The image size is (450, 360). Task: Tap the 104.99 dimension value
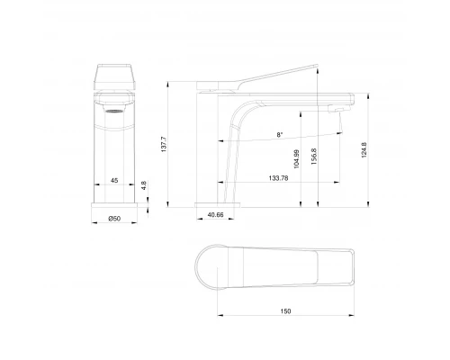[296, 160]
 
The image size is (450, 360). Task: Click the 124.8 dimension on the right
[363, 148]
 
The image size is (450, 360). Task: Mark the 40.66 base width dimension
[215, 215]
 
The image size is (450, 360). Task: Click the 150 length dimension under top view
[285, 310]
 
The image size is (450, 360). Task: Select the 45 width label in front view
[114, 181]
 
